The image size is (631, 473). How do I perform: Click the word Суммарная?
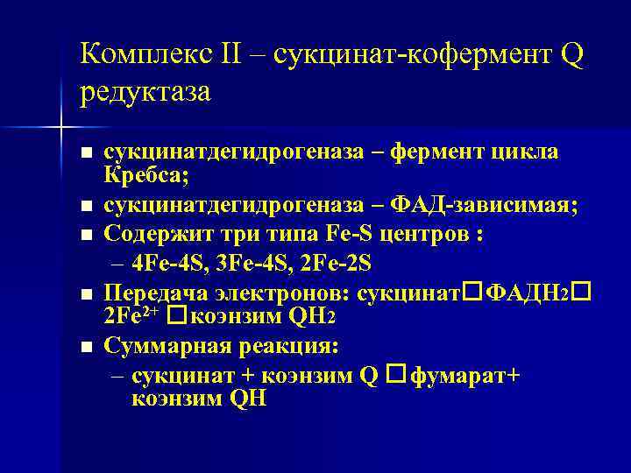(x=167, y=346)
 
